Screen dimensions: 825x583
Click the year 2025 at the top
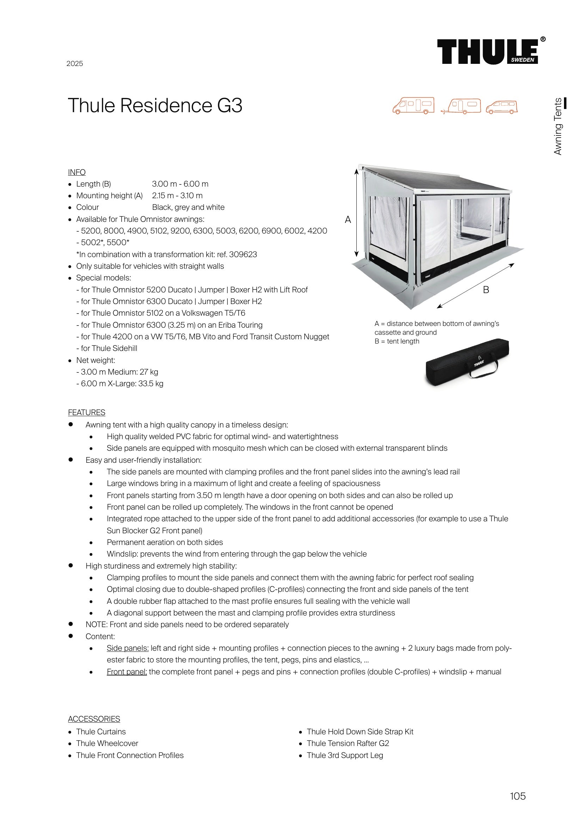[75, 63]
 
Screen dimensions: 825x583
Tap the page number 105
[517, 796]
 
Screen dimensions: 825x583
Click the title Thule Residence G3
[155, 106]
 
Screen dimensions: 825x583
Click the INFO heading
[77, 172]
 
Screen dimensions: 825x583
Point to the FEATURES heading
[86, 413]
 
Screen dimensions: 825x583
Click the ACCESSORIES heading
[94, 719]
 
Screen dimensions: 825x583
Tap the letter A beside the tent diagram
[348, 219]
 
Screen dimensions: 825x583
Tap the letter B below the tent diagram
[486, 290]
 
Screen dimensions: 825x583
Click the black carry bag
[467, 363]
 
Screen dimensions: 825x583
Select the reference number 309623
[243, 254]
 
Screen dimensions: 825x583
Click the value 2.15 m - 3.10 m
[177, 195]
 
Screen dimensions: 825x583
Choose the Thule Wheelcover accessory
[107, 743]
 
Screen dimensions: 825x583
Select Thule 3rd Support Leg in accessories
[345, 755]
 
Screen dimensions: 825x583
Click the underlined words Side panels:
[128, 648]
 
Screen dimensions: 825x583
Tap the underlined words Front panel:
[127, 672]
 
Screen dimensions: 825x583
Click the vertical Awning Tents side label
[558, 127]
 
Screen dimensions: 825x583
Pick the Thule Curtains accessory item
[101, 732]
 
